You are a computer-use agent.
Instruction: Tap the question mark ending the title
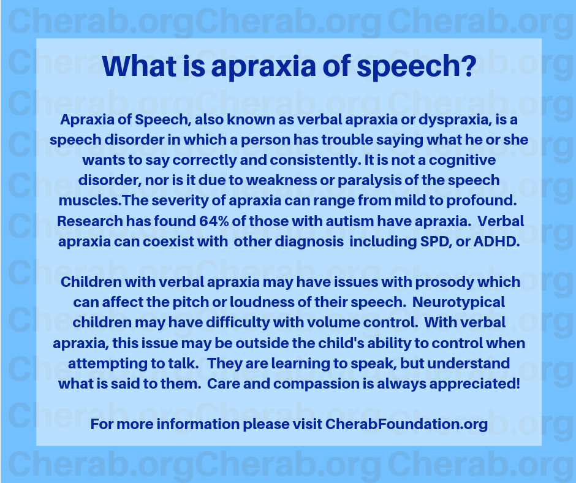469,66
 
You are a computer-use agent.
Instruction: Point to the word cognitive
462,160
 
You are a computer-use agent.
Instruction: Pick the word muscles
90,200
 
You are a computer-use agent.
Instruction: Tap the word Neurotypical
458,303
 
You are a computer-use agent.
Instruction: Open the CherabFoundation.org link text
406,424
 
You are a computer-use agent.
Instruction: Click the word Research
90,221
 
